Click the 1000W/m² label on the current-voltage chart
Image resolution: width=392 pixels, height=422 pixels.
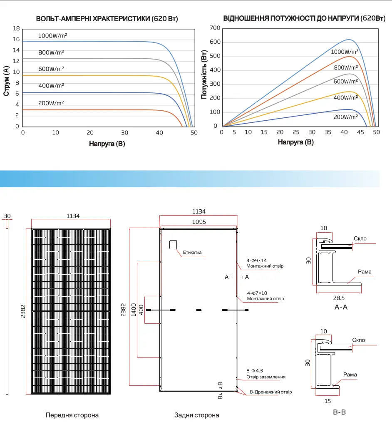53,35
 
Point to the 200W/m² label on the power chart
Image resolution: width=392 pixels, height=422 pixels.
346,117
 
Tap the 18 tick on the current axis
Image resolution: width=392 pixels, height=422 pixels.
16,29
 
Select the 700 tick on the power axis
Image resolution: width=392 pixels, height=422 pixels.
215,28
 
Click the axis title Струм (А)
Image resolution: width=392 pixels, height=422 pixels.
6,81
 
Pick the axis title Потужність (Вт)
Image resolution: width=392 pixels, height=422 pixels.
204,74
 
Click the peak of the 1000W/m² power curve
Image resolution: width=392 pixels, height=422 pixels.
349,40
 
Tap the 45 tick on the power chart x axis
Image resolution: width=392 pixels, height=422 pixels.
360,132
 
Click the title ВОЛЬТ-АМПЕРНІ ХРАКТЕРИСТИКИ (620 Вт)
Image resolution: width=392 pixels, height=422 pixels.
107,19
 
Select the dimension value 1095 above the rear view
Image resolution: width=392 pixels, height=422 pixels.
199,222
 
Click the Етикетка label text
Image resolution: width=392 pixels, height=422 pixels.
192,253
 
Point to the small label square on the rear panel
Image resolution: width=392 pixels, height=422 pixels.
173,245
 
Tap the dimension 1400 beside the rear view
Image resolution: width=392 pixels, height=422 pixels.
134,310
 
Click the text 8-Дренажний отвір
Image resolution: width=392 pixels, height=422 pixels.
270,392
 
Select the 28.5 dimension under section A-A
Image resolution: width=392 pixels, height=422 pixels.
339,298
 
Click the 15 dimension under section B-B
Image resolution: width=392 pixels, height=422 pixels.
327,401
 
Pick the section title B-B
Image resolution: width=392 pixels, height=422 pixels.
339,412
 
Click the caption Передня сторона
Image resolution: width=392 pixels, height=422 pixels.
72,415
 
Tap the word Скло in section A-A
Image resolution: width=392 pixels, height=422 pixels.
360,238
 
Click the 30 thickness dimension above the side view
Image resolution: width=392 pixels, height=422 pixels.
7,216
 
